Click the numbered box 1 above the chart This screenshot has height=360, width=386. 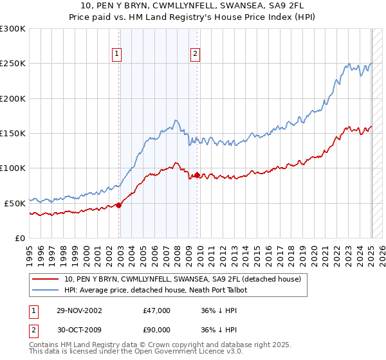click(x=117, y=55)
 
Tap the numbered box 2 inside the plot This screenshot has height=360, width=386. click(x=194, y=55)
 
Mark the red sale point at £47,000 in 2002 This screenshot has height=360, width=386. click(x=119, y=205)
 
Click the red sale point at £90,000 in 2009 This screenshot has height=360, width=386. click(x=198, y=175)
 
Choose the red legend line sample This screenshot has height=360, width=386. click(x=44, y=280)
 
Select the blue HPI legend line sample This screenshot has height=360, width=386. click(x=44, y=290)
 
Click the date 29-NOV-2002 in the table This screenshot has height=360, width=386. click(x=76, y=310)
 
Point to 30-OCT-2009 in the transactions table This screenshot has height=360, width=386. click(x=76, y=332)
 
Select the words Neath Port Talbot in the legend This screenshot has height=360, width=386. click(x=221, y=290)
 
